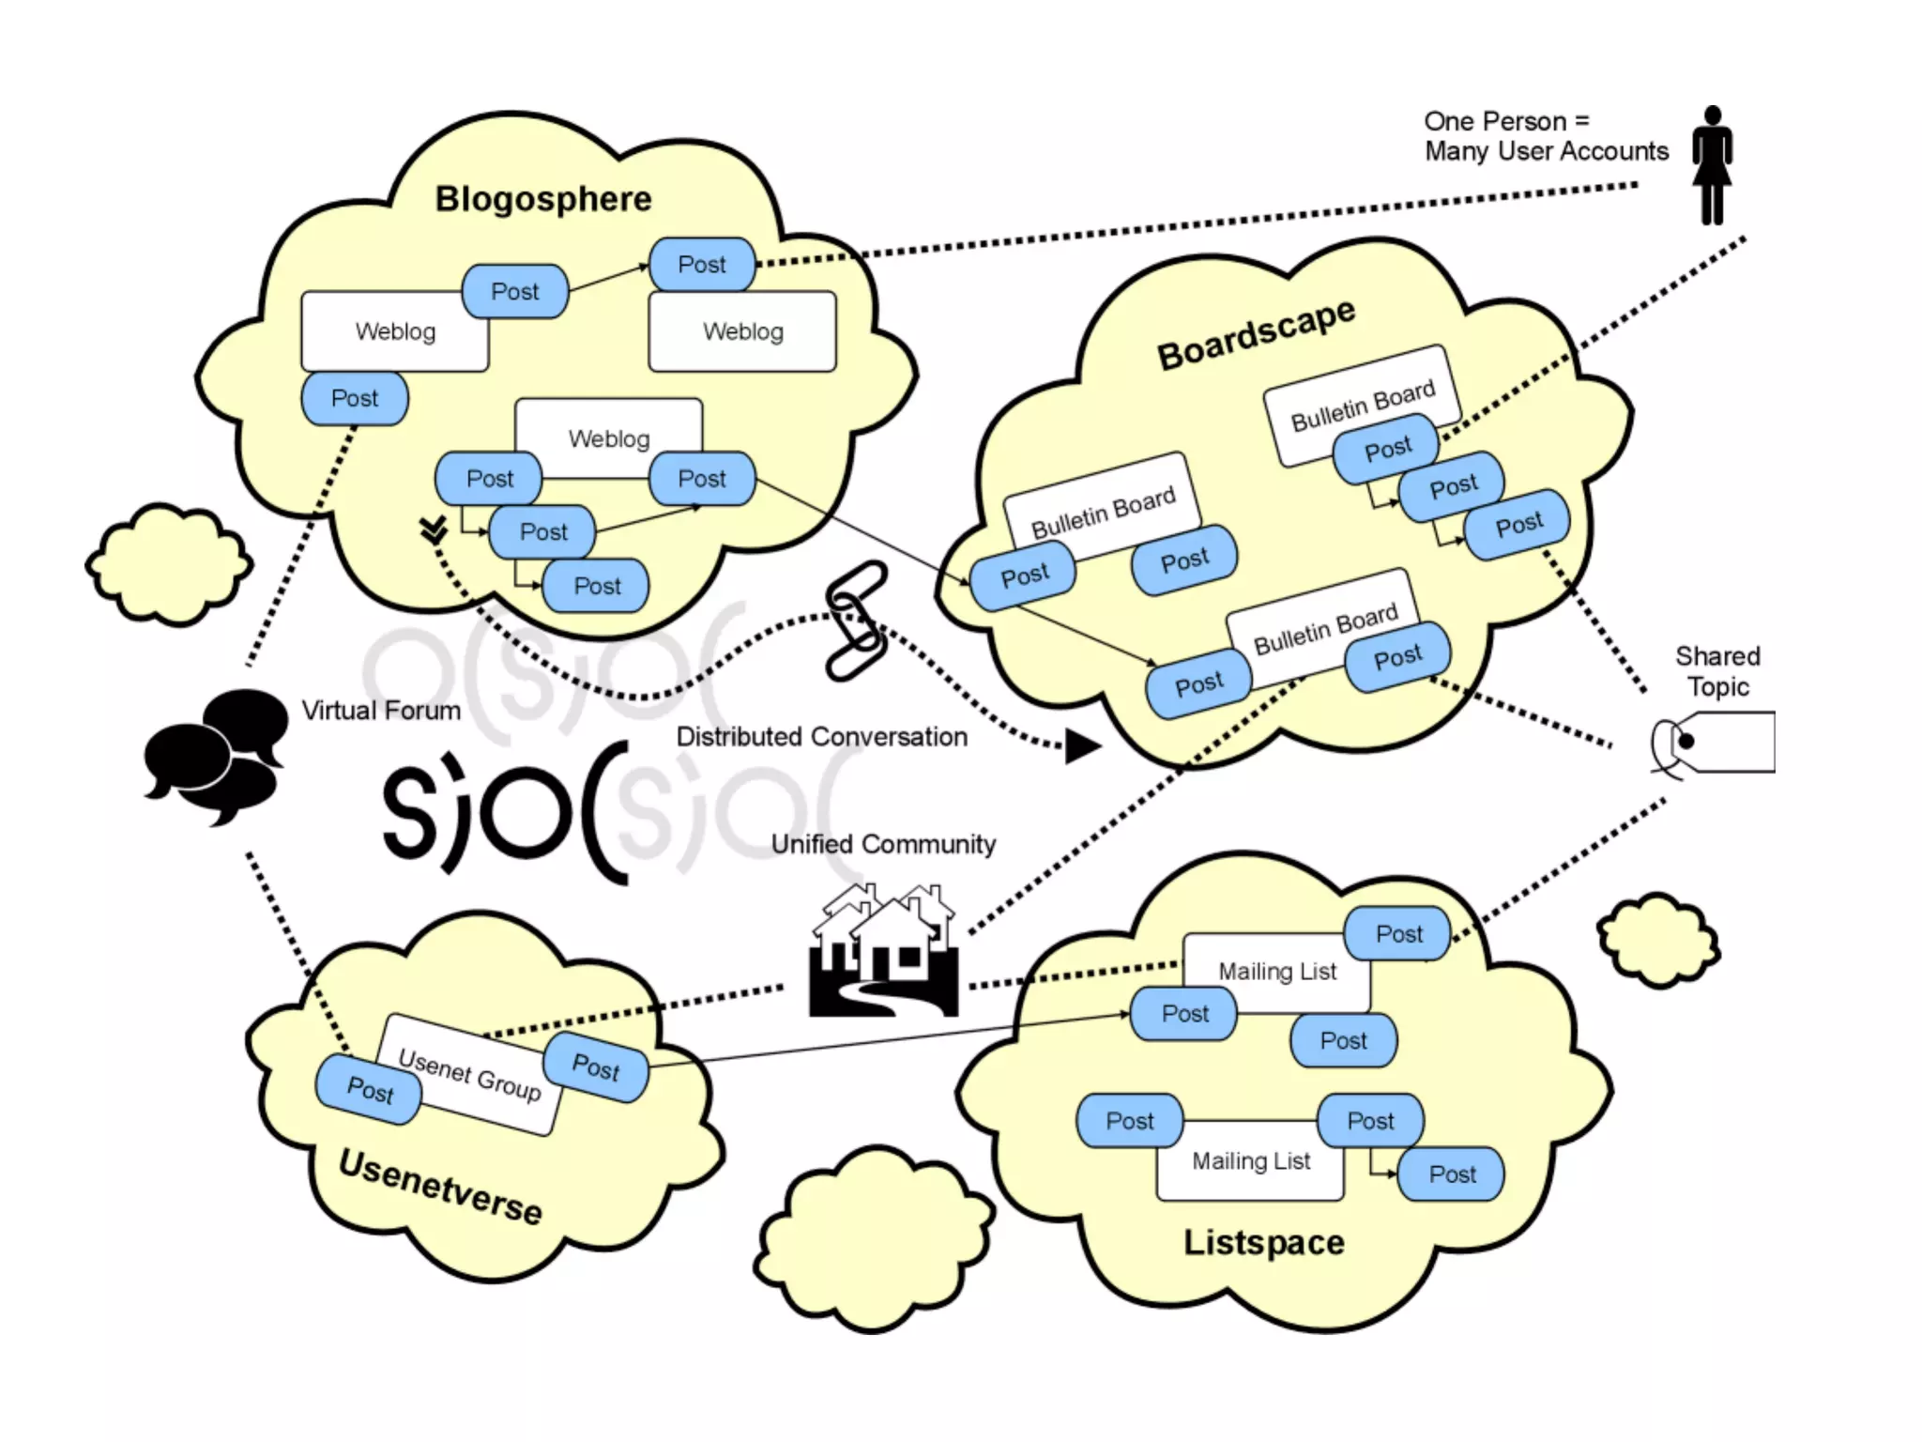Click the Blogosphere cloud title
click(x=542, y=199)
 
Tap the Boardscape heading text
click(x=1255, y=333)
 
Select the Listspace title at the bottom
click(x=1263, y=1243)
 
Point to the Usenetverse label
click(x=440, y=1188)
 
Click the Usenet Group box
click(x=469, y=1075)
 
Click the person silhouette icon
click(x=1712, y=165)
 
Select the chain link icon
click(x=856, y=620)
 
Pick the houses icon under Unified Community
click(x=884, y=950)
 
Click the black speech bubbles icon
click(x=216, y=757)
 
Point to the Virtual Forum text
click(x=381, y=711)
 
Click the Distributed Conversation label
click(x=821, y=737)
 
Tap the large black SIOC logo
click(x=505, y=812)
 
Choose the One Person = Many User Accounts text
click(x=1545, y=136)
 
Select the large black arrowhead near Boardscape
click(x=1081, y=746)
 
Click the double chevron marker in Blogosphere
click(x=434, y=529)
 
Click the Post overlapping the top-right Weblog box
click(x=702, y=265)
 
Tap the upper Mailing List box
click(x=1276, y=972)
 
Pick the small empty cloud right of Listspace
click(x=1658, y=940)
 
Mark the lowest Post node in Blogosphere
click(x=597, y=586)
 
